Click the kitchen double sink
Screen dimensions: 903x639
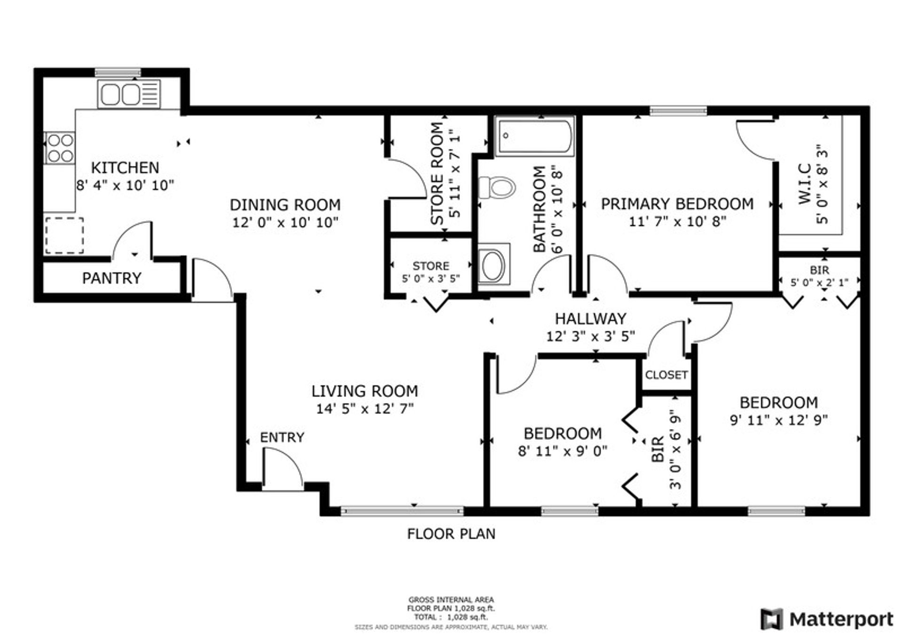[x=129, y=94]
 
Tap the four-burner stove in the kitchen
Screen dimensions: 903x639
[x=60, y=148]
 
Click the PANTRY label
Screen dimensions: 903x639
[x=111, y=278]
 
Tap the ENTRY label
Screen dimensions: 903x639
[x=282, y=437]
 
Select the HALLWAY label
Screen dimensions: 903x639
[x=590, y=319]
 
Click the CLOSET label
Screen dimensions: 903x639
[x=666, y=375]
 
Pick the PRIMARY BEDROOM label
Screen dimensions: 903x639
[x=677, y=204]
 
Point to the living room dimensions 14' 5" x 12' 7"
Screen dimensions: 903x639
[x=364, y=408]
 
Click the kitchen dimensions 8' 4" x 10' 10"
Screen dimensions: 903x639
[x=125, y=185]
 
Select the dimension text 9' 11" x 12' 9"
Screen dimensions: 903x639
[x=778, y=419]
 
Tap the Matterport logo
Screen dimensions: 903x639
[x=827, y=619]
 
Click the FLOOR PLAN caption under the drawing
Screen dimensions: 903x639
[x=451, y=534]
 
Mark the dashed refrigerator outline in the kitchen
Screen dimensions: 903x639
[x=64, y=235]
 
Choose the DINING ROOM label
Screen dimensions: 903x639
[x=285, y=205]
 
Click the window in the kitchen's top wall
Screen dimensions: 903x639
[x=118, y=72]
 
